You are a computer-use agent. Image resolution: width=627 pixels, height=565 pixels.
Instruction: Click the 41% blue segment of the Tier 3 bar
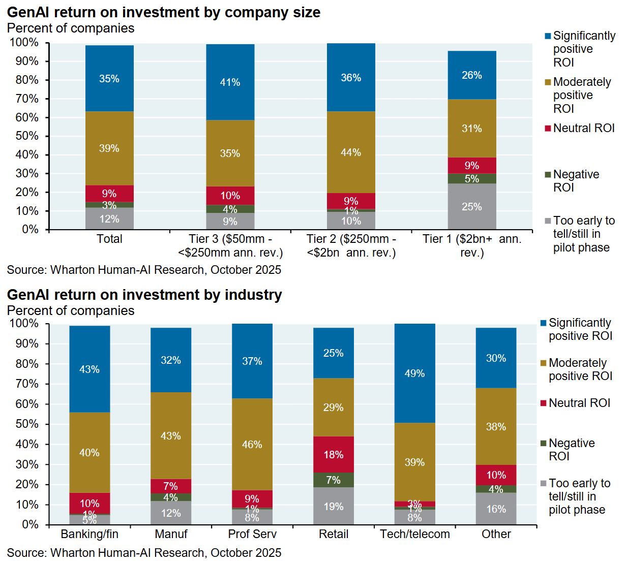click(230, 82)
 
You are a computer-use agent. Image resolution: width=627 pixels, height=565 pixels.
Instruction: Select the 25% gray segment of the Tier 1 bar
click(471, 207)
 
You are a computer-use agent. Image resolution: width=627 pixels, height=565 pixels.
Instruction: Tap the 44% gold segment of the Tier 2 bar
click(351, 152)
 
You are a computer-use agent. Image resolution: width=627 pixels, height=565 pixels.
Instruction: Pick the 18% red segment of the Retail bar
click(333, 454)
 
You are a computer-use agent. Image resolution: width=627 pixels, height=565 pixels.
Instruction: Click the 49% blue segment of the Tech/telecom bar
click(414, 373)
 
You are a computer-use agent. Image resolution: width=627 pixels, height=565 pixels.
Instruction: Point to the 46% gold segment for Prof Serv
click(252, 444)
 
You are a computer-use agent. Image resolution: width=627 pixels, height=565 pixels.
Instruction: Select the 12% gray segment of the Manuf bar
click(170, 513)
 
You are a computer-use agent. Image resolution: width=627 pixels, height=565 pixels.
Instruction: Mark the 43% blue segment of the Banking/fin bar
click(89, 369)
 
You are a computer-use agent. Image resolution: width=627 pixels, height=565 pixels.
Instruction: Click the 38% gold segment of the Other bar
click(496, 426)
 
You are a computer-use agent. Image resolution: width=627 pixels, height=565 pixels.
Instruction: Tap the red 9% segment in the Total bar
click(109, 193)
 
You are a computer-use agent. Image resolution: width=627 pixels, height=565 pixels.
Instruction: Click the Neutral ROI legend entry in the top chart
click(583, 128)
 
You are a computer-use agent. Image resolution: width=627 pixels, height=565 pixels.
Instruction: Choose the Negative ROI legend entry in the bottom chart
click(571, 450)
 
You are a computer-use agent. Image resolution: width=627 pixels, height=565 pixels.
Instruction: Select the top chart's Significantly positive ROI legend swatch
click(548, 36)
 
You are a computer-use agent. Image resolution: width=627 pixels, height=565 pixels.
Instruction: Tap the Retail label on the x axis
click(333, 534)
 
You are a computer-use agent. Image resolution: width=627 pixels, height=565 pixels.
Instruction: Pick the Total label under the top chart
click(109, 239)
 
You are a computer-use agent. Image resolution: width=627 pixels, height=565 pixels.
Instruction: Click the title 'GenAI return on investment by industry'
click(144, 295)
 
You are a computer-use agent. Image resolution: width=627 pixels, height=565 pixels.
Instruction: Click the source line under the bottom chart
click(144, 553)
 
